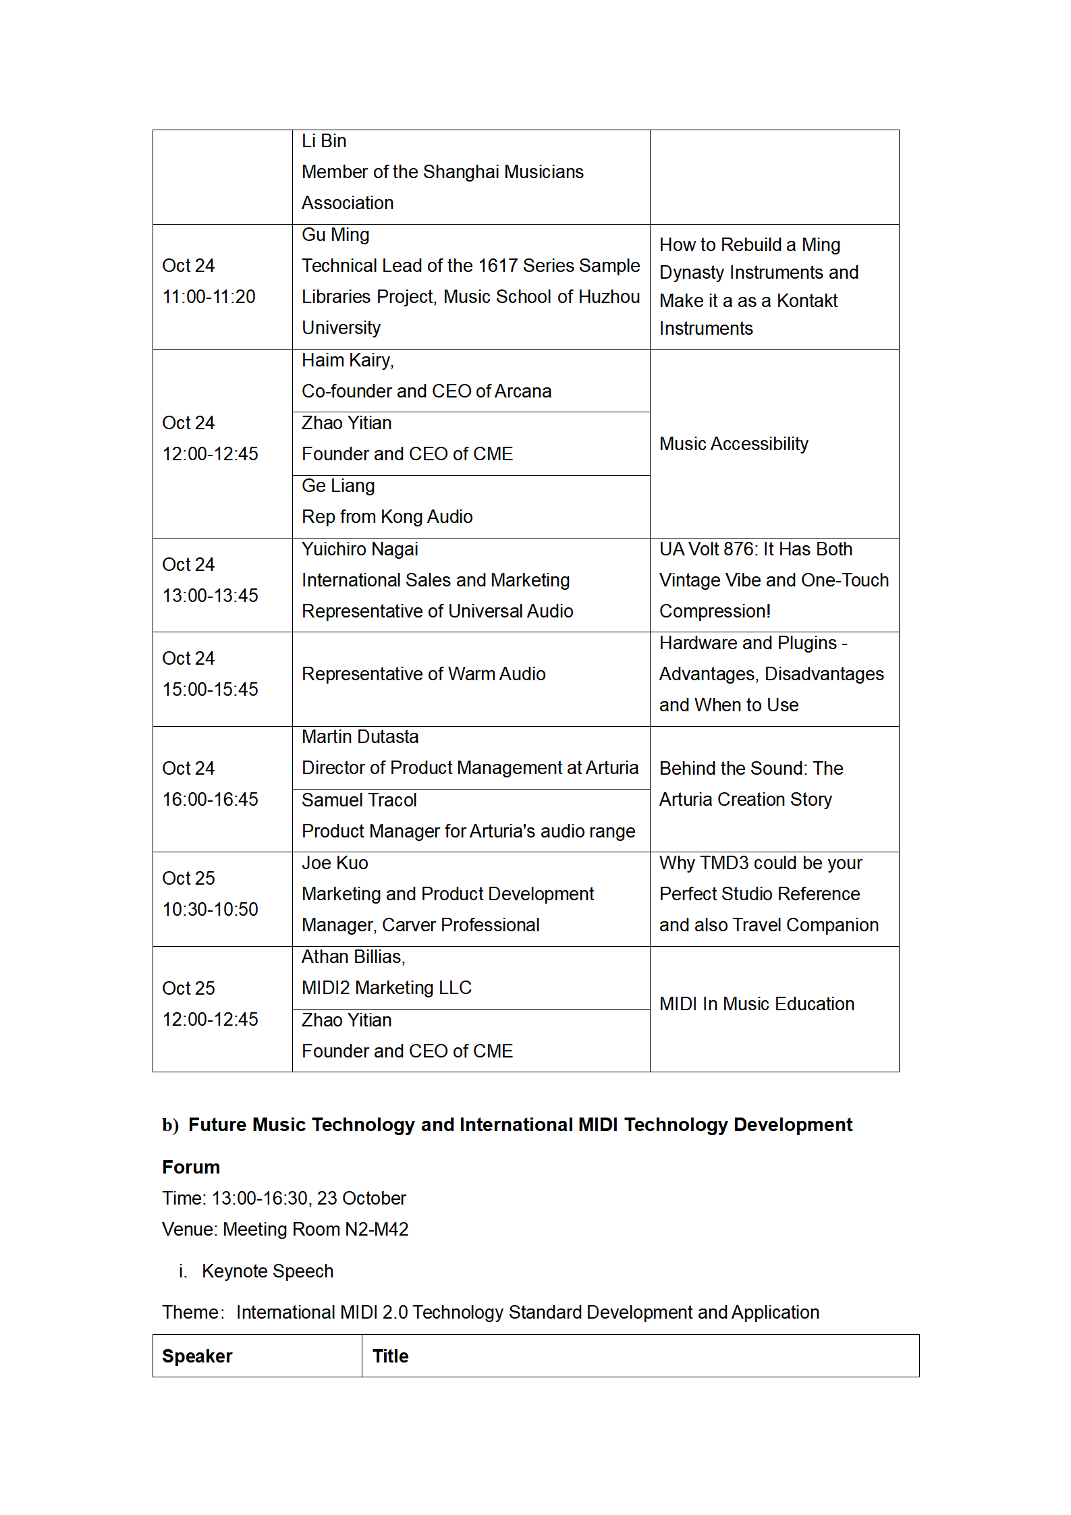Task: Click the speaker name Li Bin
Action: point(324,141)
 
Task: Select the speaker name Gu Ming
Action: point(335,235)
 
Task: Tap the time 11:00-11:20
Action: point(209,297)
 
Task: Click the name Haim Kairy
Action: point(347,360)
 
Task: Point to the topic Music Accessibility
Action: point(734,444)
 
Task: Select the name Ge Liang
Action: point(338,486)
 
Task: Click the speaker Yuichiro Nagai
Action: point(360,549)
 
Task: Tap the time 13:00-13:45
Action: point(211,596)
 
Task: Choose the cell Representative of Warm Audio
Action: point(424,674)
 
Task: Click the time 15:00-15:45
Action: point(211,690)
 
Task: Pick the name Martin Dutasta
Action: point(360,737)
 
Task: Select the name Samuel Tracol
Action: point(359,800)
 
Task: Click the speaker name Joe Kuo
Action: point(335,863)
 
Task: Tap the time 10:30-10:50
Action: point(211,910)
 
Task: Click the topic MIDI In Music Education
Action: point(757,1004)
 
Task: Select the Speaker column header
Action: point(197,1356)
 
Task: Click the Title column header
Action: point(391,1356)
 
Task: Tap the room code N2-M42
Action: point(377,1230)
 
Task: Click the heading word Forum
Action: point(191,1167)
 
